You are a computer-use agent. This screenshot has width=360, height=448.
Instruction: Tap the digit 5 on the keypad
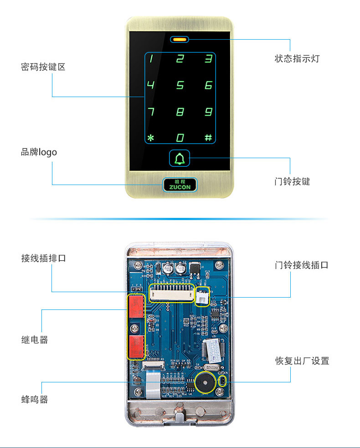[x=180, y=85]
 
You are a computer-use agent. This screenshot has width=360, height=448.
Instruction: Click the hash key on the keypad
[x=208, y=138]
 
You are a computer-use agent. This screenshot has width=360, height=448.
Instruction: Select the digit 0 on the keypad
[x=180, y=138]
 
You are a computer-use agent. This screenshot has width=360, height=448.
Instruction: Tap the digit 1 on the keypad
[x=152, y=58]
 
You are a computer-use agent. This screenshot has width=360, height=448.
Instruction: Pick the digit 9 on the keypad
[x=208, y=112]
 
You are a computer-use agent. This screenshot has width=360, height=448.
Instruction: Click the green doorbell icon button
[x=180, y=159]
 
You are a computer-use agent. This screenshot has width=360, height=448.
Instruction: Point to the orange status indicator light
[x=180, y=39]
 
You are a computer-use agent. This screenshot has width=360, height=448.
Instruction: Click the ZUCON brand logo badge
[x=180, y=184]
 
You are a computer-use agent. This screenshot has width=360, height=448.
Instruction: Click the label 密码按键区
[x=43, y=67]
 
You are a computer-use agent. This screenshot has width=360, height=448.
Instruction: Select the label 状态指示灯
[x=297, y=59]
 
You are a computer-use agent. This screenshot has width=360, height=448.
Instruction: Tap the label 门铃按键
[x=292, y=181]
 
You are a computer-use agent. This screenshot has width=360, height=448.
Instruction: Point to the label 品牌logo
[x=39, y=152]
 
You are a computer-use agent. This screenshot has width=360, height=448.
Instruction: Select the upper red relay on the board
[x=136, y=306]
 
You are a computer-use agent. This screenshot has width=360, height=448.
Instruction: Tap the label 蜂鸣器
[x=35, y=400]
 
